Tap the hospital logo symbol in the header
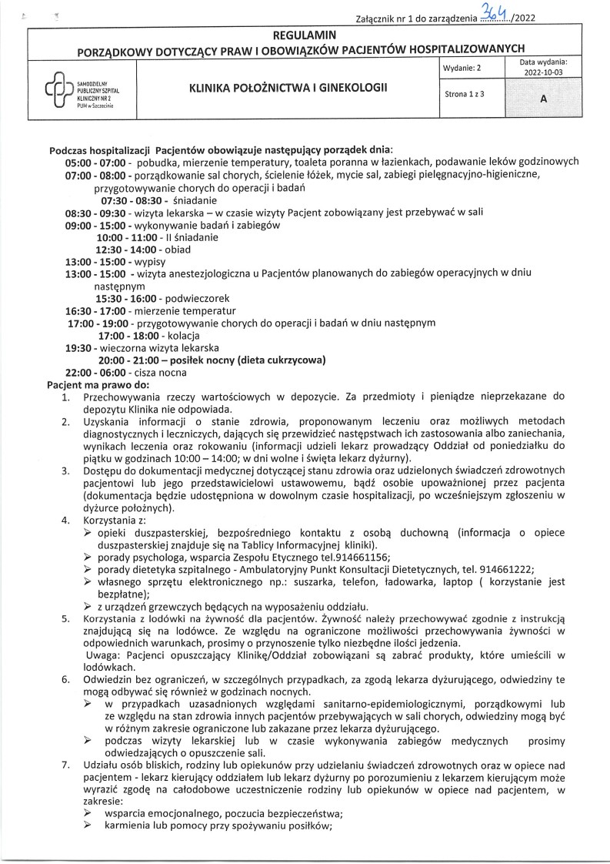(60, 93)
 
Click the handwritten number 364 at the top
(491, 11)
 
